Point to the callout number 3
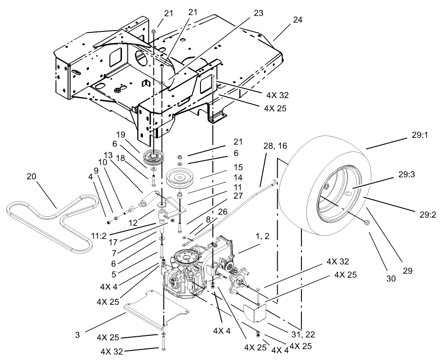pyautogui.click(x=77, y=334)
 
